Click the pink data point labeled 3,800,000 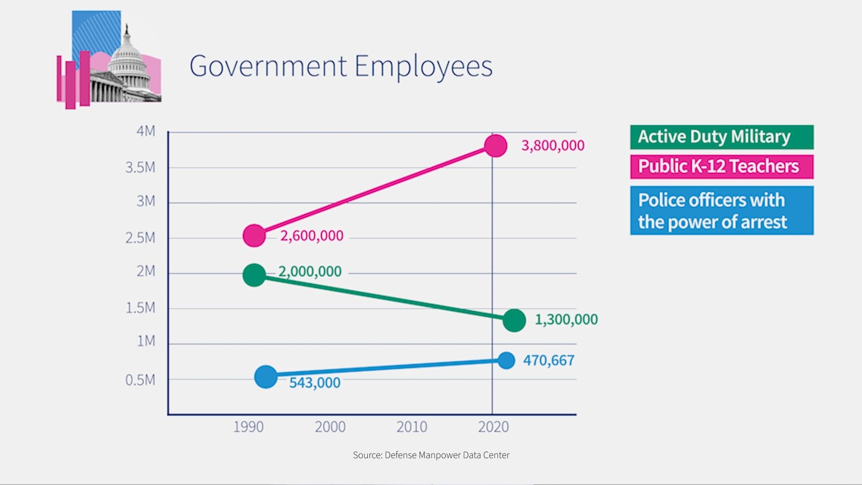point(496,145)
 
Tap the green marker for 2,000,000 point(254,275)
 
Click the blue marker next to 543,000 point(266,377)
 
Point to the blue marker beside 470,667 point(506,360)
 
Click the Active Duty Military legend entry point(721,137)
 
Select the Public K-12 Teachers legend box point(721,167)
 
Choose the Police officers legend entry point(721,210)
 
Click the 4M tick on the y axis point(146,131)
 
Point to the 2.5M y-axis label point(140,238)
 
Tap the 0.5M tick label point(140,380)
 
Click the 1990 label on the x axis point(248,427)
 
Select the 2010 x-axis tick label point(412,427)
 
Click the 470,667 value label point(549,360)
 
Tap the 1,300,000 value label point(566,319)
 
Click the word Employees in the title point(423,66)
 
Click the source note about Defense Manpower point(431,455)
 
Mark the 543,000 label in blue point(315,383)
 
